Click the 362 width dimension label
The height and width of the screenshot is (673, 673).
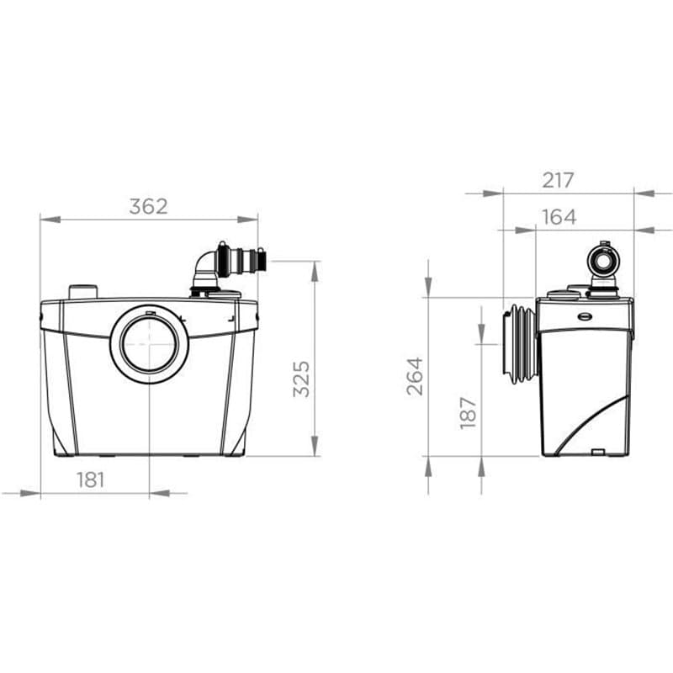click(x=149, y=206)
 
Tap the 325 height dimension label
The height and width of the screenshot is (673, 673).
click(x=301, y=379)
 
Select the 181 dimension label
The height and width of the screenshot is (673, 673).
click(x=91, y=480)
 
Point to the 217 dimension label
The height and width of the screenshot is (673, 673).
click(x=558, y=180)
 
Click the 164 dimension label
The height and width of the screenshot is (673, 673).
click(x=559, y=217)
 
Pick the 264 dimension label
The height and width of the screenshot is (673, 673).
click(x=415, y=376)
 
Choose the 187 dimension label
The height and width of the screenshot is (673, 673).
click(x=468, y=412)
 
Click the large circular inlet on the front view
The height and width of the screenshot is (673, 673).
click(x=150, y=345)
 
